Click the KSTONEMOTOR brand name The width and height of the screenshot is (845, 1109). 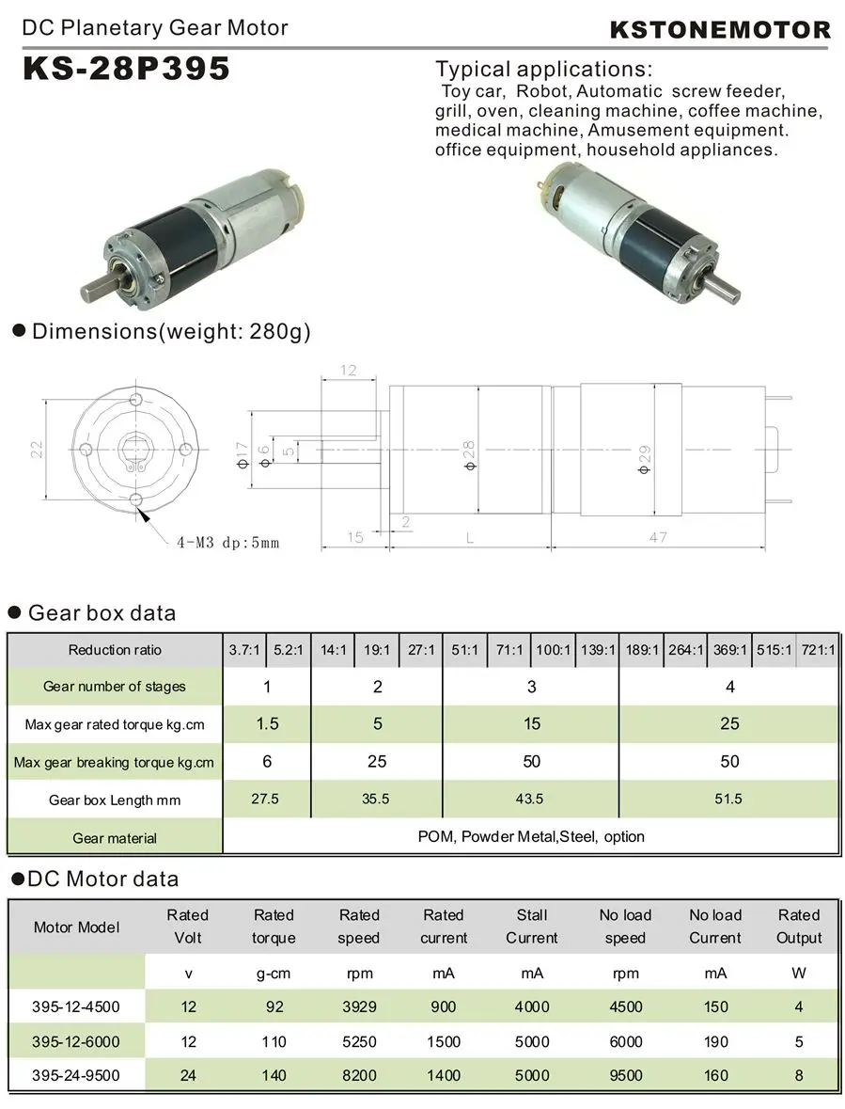[721, 29]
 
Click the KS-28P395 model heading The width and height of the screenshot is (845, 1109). [126, 71]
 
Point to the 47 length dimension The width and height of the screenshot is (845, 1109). [658, 537]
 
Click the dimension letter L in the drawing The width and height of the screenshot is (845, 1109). [467, 537]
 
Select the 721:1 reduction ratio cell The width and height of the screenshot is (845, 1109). [818, 650]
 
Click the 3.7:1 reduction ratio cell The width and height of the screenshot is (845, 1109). [244, 650]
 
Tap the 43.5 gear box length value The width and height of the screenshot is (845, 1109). [531, 799]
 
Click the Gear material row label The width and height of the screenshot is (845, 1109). [115, 838]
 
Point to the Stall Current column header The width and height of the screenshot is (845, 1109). [532, 926]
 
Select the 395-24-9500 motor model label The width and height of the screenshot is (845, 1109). [77, 1075]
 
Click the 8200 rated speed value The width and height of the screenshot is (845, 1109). [359, 1075]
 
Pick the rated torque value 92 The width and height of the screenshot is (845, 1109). [274, 1006]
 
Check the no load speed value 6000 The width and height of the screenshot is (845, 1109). [625, 1041]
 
